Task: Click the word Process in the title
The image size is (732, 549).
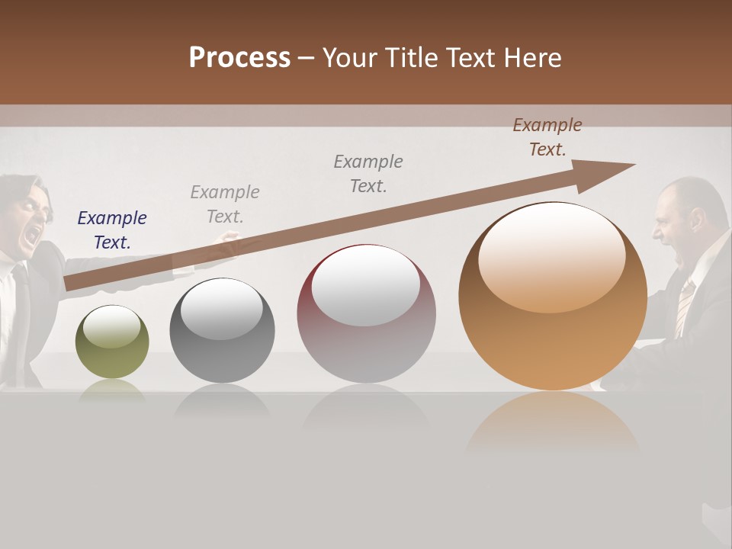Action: [239, 58]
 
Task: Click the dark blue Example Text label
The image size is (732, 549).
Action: [112, 230]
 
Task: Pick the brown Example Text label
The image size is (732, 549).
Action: [547, 137]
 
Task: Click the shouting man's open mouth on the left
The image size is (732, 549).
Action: [31, 235]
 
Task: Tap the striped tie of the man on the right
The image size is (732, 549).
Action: [684, 305]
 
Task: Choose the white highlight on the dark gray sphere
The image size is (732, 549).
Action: [221, 309]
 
